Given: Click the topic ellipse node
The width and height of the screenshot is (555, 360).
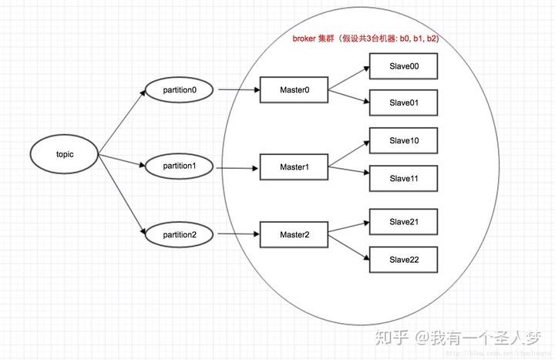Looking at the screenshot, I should tap(64, 154).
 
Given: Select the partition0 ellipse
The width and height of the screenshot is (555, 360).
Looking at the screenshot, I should tap(180, 89).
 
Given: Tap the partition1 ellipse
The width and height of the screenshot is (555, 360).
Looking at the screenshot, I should tap(180, 166).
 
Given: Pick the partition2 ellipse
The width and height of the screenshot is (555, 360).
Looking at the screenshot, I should tap(180, 234).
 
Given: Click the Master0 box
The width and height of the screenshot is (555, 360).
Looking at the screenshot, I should tap(294, 90).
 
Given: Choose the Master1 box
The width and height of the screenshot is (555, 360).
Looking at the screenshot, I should tap(294, 167).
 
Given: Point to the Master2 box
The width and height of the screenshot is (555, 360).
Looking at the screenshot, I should tap(294, 234).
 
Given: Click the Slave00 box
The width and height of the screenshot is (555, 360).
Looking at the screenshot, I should tap(404, 66).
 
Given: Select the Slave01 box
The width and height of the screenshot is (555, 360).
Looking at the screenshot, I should tap(404, 103).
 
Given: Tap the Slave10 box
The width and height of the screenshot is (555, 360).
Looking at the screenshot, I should tap(404, 141).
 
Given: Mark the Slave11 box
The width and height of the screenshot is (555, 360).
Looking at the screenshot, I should tap(404, 178).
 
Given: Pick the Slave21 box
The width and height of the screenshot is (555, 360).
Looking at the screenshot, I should tap(404, 221).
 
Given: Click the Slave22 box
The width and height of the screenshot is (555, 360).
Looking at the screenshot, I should tap(404, 259).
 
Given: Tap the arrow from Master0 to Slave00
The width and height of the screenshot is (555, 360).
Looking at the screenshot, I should tap(349, 78).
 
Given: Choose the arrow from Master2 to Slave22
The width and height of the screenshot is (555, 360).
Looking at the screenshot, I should tap(349, 247).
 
